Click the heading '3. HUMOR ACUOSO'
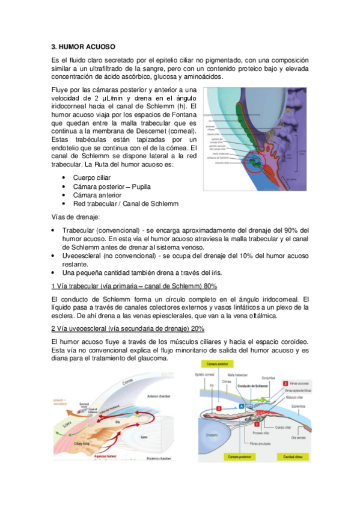click(x=84, y=46)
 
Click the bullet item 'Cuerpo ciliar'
click(x=92, y=179)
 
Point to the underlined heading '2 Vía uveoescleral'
click(x=128, y=328)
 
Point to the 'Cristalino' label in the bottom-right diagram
click(x=211, y=436)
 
